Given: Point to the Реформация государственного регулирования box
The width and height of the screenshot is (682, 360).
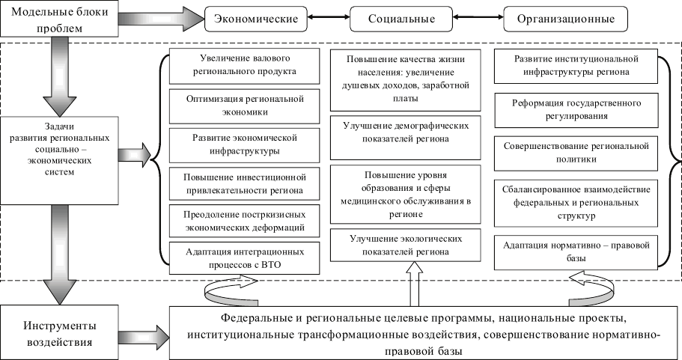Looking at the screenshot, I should pyautogui.click(x=576, y=108).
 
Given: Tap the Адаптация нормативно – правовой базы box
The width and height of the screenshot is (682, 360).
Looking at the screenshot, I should pyautogui.click(x=576, y=251).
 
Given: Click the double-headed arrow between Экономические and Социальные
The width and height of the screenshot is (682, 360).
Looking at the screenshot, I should pyautogui.click(x=326, y=17).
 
